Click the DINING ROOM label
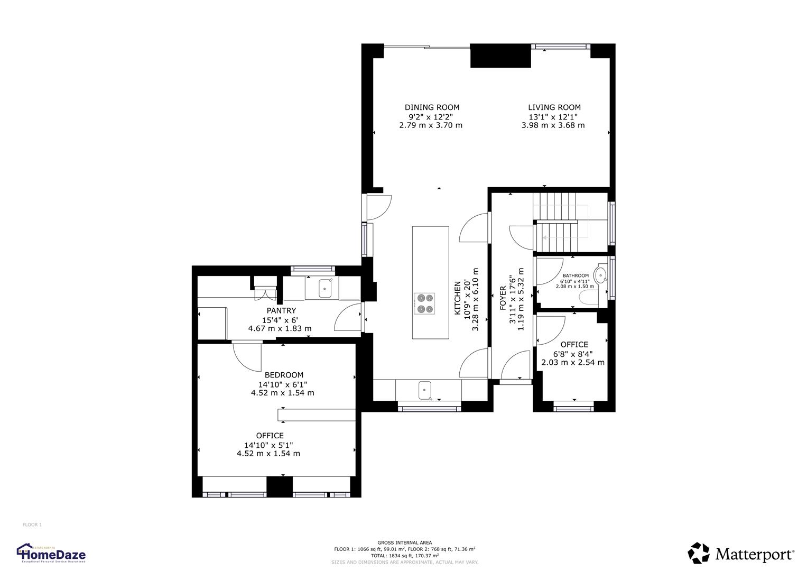432,107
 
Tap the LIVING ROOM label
554,107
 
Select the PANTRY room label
281,311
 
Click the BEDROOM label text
284,375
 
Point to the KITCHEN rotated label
458,298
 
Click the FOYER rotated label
503,298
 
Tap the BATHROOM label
575,275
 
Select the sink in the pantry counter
324,289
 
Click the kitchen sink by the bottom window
425,391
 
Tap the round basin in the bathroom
600,275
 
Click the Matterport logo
740,554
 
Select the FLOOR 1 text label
32,524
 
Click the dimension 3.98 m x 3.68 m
553,125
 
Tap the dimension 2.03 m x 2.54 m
573,363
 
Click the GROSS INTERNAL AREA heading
404,542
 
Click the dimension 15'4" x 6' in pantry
280,320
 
